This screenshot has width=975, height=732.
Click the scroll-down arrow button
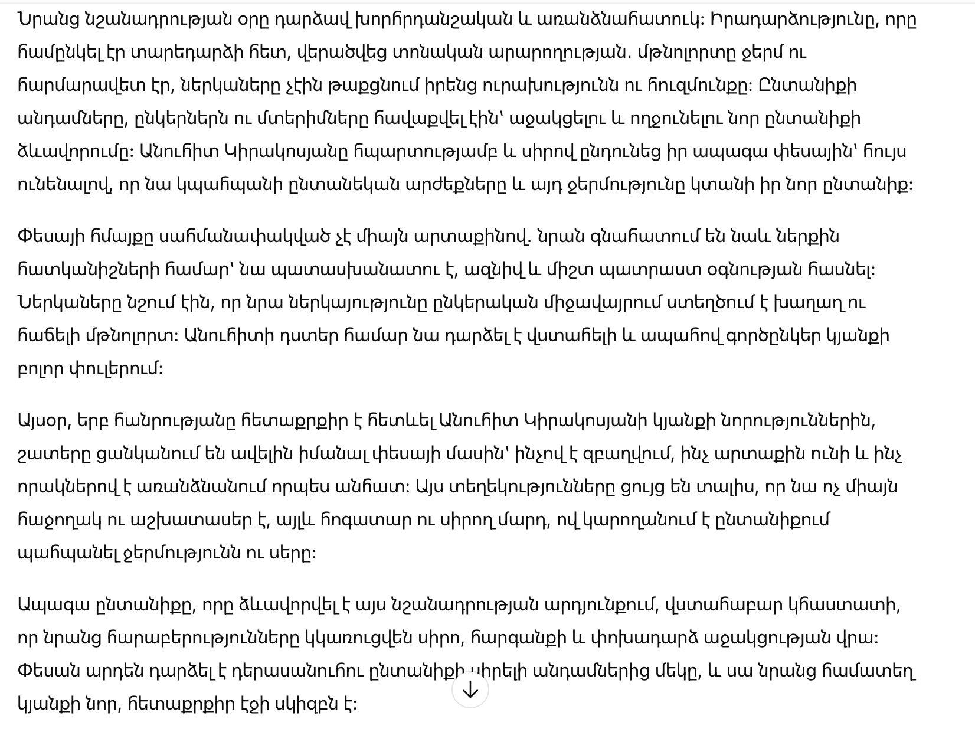tap(470, 689)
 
